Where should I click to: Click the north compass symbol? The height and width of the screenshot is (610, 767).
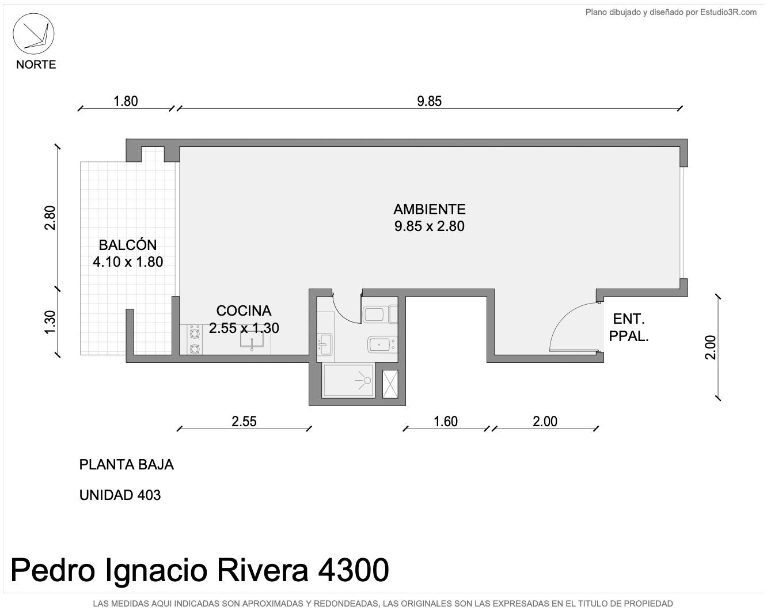(33, 34)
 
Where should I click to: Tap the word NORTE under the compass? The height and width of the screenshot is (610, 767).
(36, 65)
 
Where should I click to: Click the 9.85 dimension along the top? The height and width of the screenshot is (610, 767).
(429, 101)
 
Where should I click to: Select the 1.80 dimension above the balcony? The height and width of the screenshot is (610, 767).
(126, 101)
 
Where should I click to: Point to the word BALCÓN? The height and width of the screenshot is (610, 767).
(128, 245)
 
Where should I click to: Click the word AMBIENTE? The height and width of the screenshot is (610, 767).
(429, 209)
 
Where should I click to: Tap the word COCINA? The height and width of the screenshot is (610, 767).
(244, 311)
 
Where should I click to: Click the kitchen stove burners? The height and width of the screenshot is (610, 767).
(195, 340)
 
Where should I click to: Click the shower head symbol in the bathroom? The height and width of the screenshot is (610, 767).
(364, 380)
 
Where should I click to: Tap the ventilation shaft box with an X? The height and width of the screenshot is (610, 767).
(390, 384)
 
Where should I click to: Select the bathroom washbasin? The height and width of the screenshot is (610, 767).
(324, 344)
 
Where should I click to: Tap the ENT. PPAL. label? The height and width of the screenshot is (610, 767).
(628, 327)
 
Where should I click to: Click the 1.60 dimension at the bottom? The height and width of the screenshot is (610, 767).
(446, 422)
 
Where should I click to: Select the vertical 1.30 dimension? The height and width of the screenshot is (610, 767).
(50, 323)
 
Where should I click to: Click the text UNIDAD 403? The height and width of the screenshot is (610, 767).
(120, 495)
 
